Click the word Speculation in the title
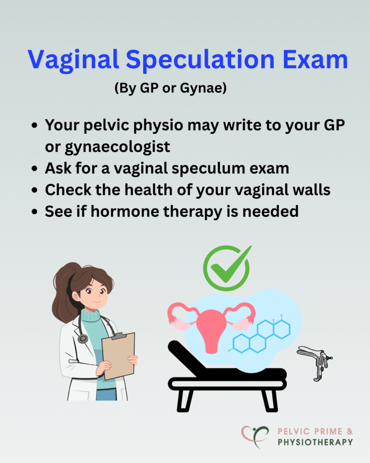(200, 60)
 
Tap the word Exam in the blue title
(315, 59)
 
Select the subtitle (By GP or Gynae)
(170, 88)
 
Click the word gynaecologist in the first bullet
(108, 147)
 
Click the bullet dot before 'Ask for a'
(34, 169)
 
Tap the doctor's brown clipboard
(118, 355)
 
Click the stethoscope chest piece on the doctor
(83, 338)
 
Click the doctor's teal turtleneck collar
(91, 316)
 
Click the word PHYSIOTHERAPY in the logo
(315, 442)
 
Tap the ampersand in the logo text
(350, 431)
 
